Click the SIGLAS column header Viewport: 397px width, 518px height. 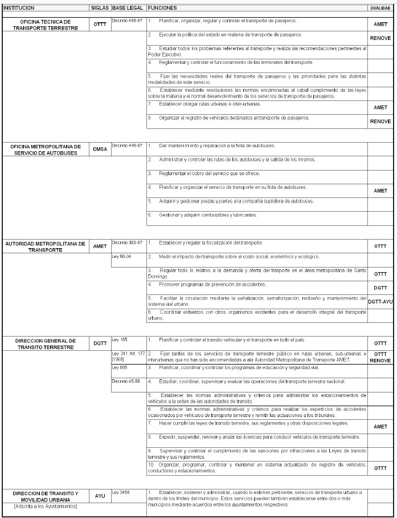[x=100, y=8]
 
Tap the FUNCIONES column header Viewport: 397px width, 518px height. [x=162, y=8]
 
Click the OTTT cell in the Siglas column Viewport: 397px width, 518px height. [x=100, y=25]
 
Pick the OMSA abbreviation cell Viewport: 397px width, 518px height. [x=100, y=149]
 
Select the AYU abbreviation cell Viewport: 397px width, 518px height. [x=100, y=496]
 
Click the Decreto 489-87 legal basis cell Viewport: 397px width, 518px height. [x=127, y=21]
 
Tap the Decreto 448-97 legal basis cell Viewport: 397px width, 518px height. [x=127, y=145]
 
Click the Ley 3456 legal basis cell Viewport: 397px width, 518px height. [x=121, y=492]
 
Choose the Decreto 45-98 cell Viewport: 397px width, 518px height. [x=126, y=381]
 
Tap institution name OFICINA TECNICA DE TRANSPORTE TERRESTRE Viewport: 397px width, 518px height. [x=45, y=25]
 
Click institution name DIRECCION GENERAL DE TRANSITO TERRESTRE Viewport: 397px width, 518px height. [x=45, y=343]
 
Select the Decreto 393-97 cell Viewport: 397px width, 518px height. [x=127, y=242]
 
